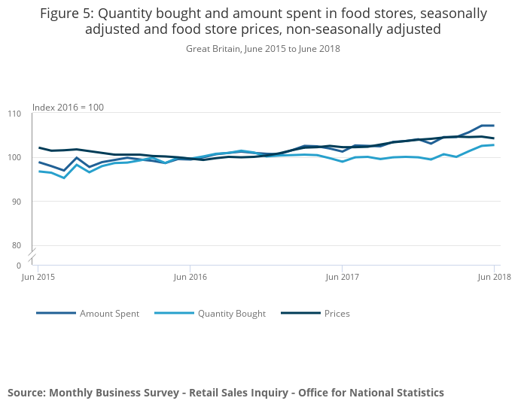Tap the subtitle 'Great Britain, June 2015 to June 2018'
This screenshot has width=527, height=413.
[x=263, y=49]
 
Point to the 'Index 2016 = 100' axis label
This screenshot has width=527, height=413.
[x=68, y=108]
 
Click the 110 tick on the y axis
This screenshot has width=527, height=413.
[x=14, y=114]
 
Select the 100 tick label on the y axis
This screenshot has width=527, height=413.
[x=14, y=157]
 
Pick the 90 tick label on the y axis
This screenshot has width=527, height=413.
[x=17, y=202]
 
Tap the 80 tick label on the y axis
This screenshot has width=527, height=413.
[x=17, y=245]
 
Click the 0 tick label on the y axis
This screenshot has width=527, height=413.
[x=19, y=266]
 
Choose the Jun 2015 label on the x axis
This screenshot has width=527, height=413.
[x=38, y=277]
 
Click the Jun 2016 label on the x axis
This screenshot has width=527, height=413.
[x=190, y=277]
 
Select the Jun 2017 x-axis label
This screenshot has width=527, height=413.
[x=342, y=277]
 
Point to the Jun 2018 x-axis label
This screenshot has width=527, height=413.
[x=494, y=277]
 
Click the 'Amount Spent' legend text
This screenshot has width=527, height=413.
[x=109, y=314]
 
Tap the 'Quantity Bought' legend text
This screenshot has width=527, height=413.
[x=232, y=314]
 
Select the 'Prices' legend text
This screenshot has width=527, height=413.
[x=337, y=314]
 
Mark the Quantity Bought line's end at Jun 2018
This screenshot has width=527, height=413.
[x=494, y=144]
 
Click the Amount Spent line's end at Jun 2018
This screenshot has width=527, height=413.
[x=494, y=126]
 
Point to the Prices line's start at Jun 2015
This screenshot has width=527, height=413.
[x=38, y=147]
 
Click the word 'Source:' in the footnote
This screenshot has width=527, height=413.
[x=26, y=393]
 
